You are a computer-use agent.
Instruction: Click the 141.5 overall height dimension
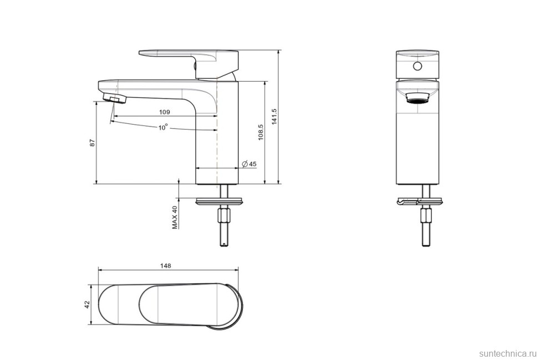(x=274, y=116)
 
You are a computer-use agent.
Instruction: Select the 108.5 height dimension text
(x=260, y=132)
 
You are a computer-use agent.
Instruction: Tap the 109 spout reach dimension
(x=164, y=112)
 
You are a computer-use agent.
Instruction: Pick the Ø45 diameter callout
(x=249, y=164)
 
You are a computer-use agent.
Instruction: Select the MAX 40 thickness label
(x=175, y=217)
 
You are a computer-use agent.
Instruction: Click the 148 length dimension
(x=165, y=266)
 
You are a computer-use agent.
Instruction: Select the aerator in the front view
(x=418, y=98)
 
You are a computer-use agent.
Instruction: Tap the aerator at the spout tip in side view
(x=116, y=99)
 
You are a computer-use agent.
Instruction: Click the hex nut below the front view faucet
(x=426, y=215)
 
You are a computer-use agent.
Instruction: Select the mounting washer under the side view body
(x=220, y=199)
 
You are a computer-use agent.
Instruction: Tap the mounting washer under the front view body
(x=419, y=201)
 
